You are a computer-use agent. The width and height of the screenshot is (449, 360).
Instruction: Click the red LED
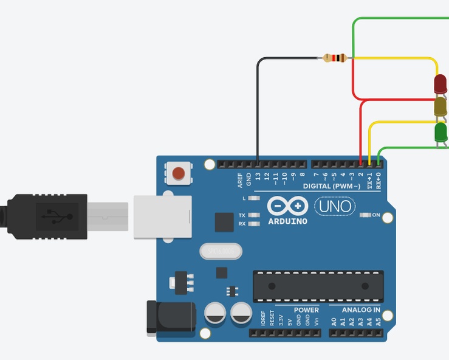[x=440, y=85]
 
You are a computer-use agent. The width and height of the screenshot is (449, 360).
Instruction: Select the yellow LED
[x=440, y=107]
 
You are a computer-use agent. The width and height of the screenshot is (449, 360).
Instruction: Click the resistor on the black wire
[x=335, y=58]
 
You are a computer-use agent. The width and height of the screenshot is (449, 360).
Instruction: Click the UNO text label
[x=335, y=207]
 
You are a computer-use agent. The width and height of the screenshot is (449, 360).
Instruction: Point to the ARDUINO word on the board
[x=287, y=221]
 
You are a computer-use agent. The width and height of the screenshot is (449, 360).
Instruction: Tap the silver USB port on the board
[x=162, y=216]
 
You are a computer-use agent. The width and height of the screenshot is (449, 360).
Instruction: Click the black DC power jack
[x=171, y=318]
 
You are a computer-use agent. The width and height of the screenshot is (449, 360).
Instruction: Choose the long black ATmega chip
[x=318, y=286]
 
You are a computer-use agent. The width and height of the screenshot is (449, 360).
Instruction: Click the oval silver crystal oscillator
[x=220, y=250]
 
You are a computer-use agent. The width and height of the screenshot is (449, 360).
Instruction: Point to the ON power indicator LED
[x=365, y=215]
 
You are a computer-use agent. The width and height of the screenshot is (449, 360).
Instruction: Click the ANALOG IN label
[x=361, y=310]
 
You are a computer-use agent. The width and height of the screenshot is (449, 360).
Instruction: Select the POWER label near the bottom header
[x=306, y=310]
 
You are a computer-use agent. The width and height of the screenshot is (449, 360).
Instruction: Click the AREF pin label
[x=240, y=179]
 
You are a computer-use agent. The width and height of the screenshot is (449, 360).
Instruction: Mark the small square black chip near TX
[x=224, y=222]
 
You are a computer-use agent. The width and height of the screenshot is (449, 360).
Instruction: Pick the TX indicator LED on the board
[x=254, y=215]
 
